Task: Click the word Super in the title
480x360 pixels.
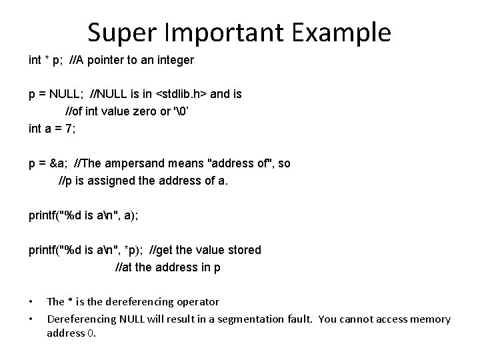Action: pos(117,31)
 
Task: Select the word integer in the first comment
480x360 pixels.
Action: pos(175,60)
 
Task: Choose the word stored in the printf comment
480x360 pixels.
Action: pos(243,250)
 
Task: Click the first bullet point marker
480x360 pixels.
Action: pos(32,302)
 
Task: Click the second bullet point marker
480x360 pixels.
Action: pos(32,319)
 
